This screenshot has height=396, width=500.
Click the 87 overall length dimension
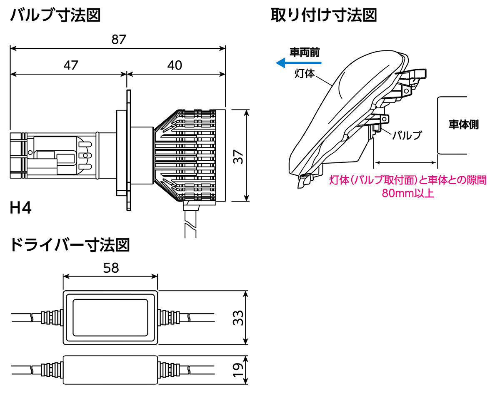click(x=119, y=40)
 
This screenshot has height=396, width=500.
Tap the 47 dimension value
click(x=70, y=65)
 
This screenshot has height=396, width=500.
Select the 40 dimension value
click(x=175, y=65)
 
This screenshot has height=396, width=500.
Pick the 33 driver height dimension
click(x=238, y=318)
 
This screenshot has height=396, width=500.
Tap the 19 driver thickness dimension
click(x=238, y=370)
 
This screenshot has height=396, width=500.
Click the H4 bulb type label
click(x=20, y=208)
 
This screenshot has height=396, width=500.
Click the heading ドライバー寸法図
click(x=69, y=245)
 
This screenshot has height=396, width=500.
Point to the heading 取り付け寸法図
click(x=324, y=16)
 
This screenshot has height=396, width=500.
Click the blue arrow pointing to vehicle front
click(x=298, y=63)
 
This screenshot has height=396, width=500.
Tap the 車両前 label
click(x=305, y=52)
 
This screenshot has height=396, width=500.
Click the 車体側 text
click(x=463, y=125)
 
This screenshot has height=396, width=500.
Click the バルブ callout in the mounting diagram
click(x=407, y=135)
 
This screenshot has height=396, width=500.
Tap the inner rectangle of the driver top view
click(x=110, y=318)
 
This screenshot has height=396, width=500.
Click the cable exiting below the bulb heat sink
click(x=190, y=223)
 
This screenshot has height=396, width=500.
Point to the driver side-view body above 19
click(x=110, y=369)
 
